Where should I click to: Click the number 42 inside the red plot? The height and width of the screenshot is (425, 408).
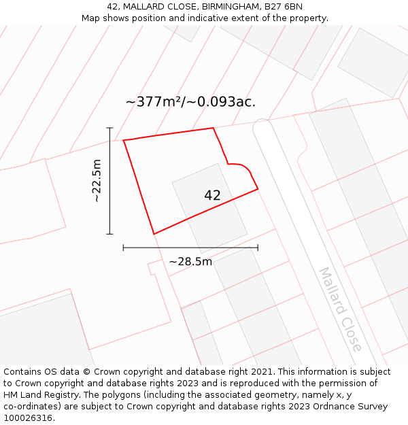pos(212,195)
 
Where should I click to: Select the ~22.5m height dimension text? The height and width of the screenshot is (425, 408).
pos(97,181)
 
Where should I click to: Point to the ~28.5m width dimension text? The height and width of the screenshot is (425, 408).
pos(190,262)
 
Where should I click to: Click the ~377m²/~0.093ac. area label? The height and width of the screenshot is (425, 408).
pos(190,102)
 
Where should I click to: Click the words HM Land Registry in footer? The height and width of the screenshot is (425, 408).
pos(41,395)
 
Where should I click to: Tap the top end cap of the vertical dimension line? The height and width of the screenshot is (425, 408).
pos(109,128)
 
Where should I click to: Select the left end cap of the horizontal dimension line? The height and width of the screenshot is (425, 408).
pos(123,248)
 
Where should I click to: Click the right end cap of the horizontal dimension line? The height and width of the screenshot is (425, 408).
pos(258,248)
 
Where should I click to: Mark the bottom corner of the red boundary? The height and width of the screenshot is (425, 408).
pos(154,234)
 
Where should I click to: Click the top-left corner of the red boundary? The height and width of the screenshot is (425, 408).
pos(124,140)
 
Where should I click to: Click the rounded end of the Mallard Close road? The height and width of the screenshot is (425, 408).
pos(262,123)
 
